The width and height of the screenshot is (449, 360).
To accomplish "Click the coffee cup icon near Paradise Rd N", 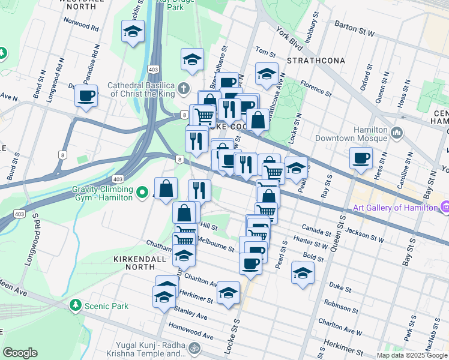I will [86, 95].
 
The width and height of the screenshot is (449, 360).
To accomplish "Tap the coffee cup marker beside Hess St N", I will [361, 158].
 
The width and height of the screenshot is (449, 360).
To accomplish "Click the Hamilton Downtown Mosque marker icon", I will [396, 133].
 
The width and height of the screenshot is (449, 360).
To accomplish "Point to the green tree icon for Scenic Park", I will [76, 306].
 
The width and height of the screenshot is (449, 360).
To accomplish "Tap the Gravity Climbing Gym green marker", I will [142, 193].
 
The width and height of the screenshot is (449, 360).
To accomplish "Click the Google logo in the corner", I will [20, 352].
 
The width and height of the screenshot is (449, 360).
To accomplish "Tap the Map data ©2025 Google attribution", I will [411, 355].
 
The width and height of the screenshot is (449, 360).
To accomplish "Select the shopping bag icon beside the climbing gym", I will [166, 189].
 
